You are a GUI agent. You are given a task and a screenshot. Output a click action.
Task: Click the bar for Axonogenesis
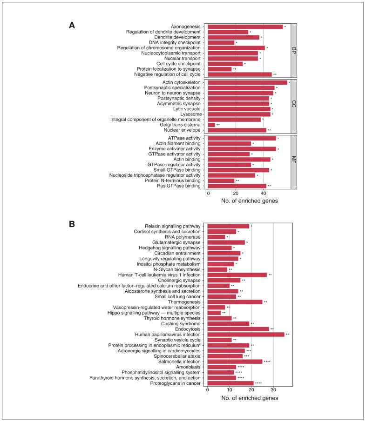[245, 27]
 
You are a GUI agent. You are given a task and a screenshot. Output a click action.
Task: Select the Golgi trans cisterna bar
[211, 125]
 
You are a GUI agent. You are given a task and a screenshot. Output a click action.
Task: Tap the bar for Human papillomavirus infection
[245, 334]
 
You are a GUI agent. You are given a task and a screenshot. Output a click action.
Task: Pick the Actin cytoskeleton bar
[247, 82]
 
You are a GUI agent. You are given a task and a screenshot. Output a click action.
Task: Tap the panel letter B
[72, 224]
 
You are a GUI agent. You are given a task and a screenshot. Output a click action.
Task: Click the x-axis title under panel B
[250, 398]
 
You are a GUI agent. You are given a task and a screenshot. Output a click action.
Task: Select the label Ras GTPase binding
[178, 186]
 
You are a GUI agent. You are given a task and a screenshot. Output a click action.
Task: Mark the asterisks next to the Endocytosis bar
[272, 328]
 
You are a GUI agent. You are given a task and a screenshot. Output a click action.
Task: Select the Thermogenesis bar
[235, 301]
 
